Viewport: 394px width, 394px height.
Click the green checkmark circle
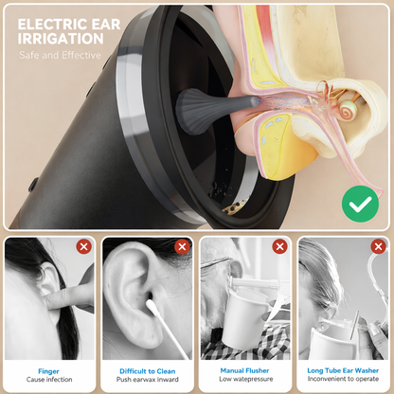[x=357, y=202]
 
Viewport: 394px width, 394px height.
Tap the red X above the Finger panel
[x=83, y=247]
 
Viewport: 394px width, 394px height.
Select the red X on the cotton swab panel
[x=181, y=247]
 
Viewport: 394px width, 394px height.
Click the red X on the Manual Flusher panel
[x=279, y=247]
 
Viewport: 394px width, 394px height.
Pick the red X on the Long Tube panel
[x=377, y=247]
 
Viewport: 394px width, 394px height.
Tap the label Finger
[x=49, y=372]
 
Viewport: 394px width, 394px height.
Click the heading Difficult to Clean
[x=148, y=372]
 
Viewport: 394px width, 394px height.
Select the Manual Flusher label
[x=245, y=372]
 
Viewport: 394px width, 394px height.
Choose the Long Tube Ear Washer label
[x=344, y=372]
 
